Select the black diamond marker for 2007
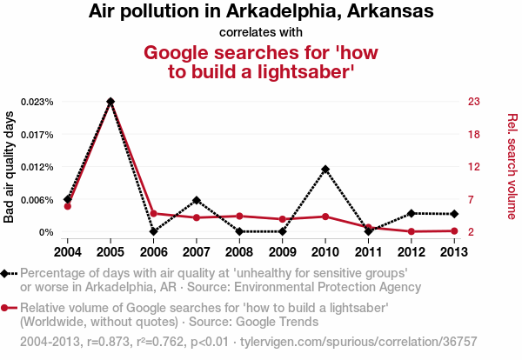[x=197, y=200]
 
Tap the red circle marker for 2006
[x=153, y=213]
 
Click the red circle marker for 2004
[x=68, y=206]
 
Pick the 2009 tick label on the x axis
[x=282, y=252]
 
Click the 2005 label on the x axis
[x=110, y=252]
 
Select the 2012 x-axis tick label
[x=411, y=252]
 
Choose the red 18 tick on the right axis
[x=474, y=134]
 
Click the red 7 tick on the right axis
[x=472, y=200]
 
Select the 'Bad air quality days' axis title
[x=10, y=167]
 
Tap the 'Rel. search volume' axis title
[x=512, y=166]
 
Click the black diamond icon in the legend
[x=8, y=273]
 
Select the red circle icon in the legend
[x=8, y=308]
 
